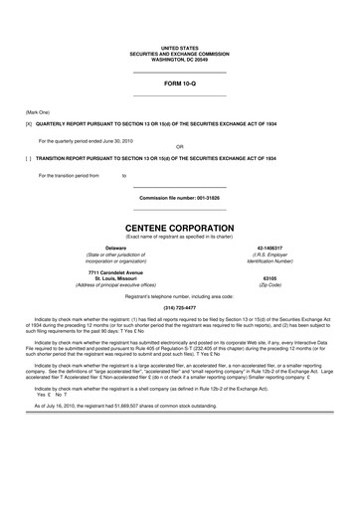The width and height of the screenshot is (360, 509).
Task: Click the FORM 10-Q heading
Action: pos(179,84)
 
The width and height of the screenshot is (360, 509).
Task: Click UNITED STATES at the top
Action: pos(179,47)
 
